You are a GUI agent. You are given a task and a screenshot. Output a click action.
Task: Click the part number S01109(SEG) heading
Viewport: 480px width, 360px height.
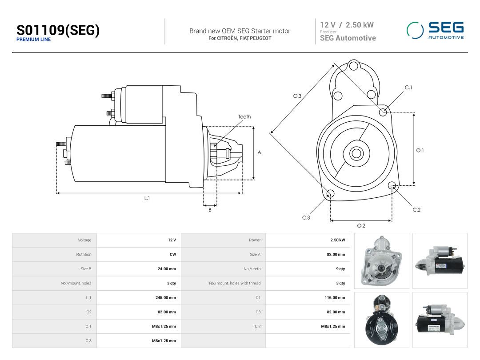[x=58, y=30]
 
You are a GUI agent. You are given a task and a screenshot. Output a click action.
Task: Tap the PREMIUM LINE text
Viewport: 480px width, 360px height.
[x=34, y=40]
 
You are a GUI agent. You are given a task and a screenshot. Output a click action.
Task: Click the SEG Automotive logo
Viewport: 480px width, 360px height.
[x=435, y=30]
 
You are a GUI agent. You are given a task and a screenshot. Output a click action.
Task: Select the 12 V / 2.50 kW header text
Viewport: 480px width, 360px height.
[x=347, y=25]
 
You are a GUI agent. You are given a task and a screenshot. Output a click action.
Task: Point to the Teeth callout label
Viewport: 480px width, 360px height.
[x=244, y=116]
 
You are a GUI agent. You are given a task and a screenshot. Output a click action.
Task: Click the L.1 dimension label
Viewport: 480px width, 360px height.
[x=147, y=198]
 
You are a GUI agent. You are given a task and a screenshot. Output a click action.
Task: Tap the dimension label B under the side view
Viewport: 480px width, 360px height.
[x=210, y=210]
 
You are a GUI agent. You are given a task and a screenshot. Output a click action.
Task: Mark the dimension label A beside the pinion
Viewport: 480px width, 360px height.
[x=259, y=152]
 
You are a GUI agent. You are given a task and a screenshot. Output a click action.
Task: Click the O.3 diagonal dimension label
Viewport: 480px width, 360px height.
[x=297, y=96]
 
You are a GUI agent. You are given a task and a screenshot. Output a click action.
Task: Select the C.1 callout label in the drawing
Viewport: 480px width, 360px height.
[x=408, y=88]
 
